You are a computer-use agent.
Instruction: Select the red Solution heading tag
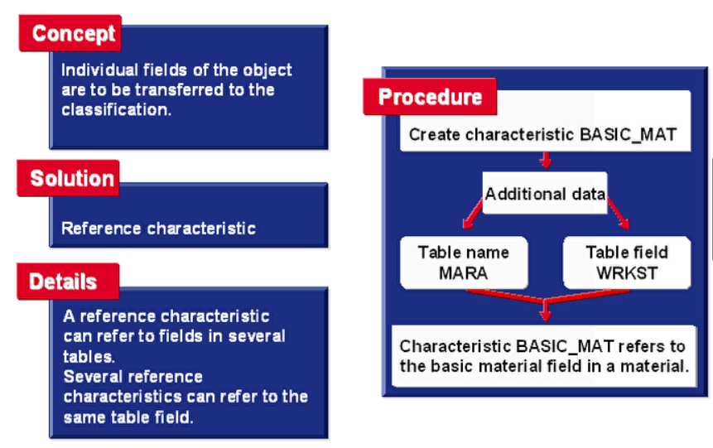71,178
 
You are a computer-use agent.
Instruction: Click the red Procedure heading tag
430,97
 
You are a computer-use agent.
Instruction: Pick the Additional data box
544,195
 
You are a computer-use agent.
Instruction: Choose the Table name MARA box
463,263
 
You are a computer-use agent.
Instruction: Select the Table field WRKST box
626,263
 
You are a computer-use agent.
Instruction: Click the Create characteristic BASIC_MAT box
545,133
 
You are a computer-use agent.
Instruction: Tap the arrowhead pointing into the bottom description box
544,314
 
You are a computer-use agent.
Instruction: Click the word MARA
463,273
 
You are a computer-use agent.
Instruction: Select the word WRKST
626,273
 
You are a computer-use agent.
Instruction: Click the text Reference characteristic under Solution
158,228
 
